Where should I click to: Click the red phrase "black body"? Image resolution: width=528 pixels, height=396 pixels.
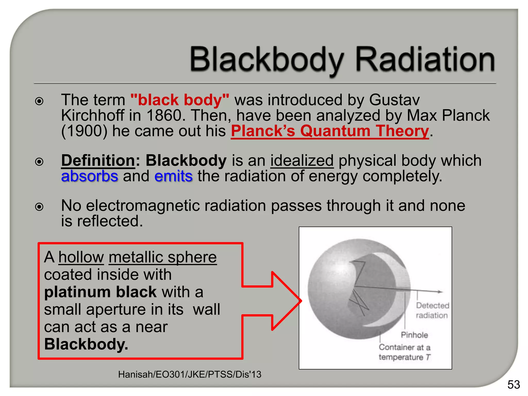click(x=180, y=100)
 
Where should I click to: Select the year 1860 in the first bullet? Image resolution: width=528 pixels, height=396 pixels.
click(x=164, y=115)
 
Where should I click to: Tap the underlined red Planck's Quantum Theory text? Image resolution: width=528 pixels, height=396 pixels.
click(x=330, y=131)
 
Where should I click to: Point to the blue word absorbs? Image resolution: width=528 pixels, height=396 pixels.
click(x=89, y=176)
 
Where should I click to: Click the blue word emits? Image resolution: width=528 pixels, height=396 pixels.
click(x=173, y=176)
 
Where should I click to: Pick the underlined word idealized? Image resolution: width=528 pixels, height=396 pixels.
click(x=302, y=161)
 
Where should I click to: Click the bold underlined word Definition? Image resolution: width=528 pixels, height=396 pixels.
click(x=98, y=161)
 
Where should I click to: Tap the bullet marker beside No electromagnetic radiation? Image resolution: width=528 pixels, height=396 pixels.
click(x=39, y=207)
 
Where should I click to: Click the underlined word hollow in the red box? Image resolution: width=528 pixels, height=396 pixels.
click(x=81, y=257)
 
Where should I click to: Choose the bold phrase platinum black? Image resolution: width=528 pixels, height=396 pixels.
click(x=100, y=292)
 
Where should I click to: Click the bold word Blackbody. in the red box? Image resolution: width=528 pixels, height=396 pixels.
click(x=86, y=344)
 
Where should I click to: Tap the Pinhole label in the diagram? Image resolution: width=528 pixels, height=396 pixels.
click(x=414, y=335)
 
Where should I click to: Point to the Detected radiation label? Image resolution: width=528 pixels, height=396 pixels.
click(x=432, y=310)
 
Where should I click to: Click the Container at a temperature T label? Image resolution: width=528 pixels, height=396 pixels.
click(x=404, y=352)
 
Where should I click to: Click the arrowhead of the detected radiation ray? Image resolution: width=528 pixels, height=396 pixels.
click(x=440, y=292)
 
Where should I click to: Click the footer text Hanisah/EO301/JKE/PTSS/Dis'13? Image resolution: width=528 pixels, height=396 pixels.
click(x=189, y=374)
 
